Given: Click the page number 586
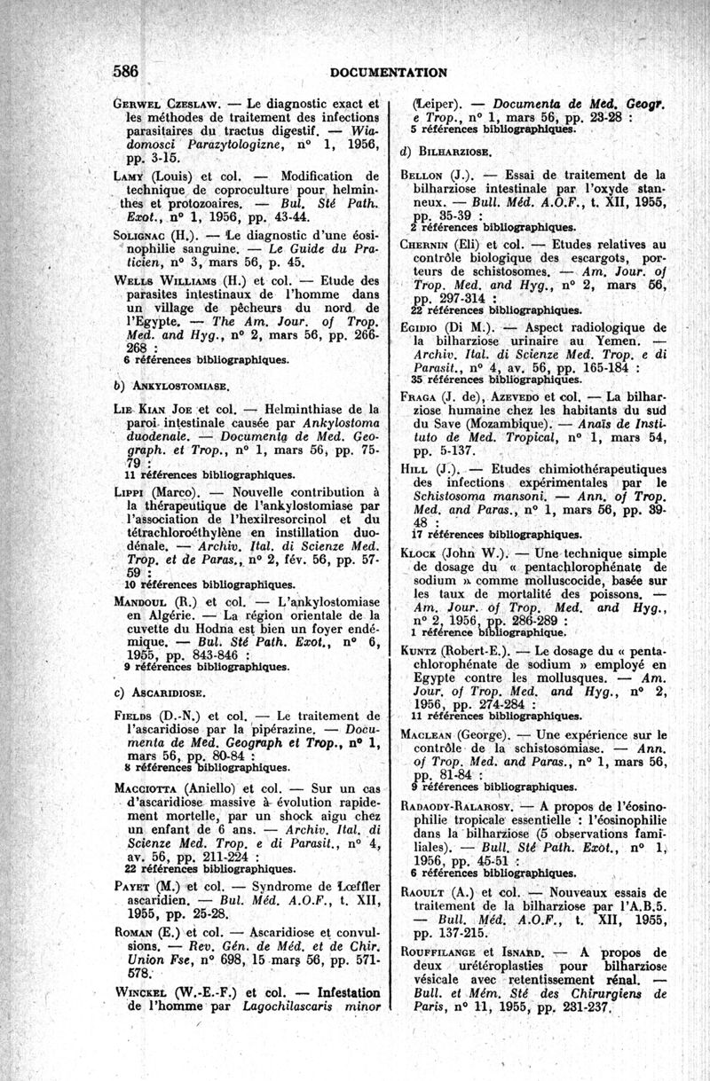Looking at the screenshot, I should click(130, 71).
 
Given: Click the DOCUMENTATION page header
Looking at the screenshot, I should click(388, 72).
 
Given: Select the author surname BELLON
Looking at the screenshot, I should click(428, 175).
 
